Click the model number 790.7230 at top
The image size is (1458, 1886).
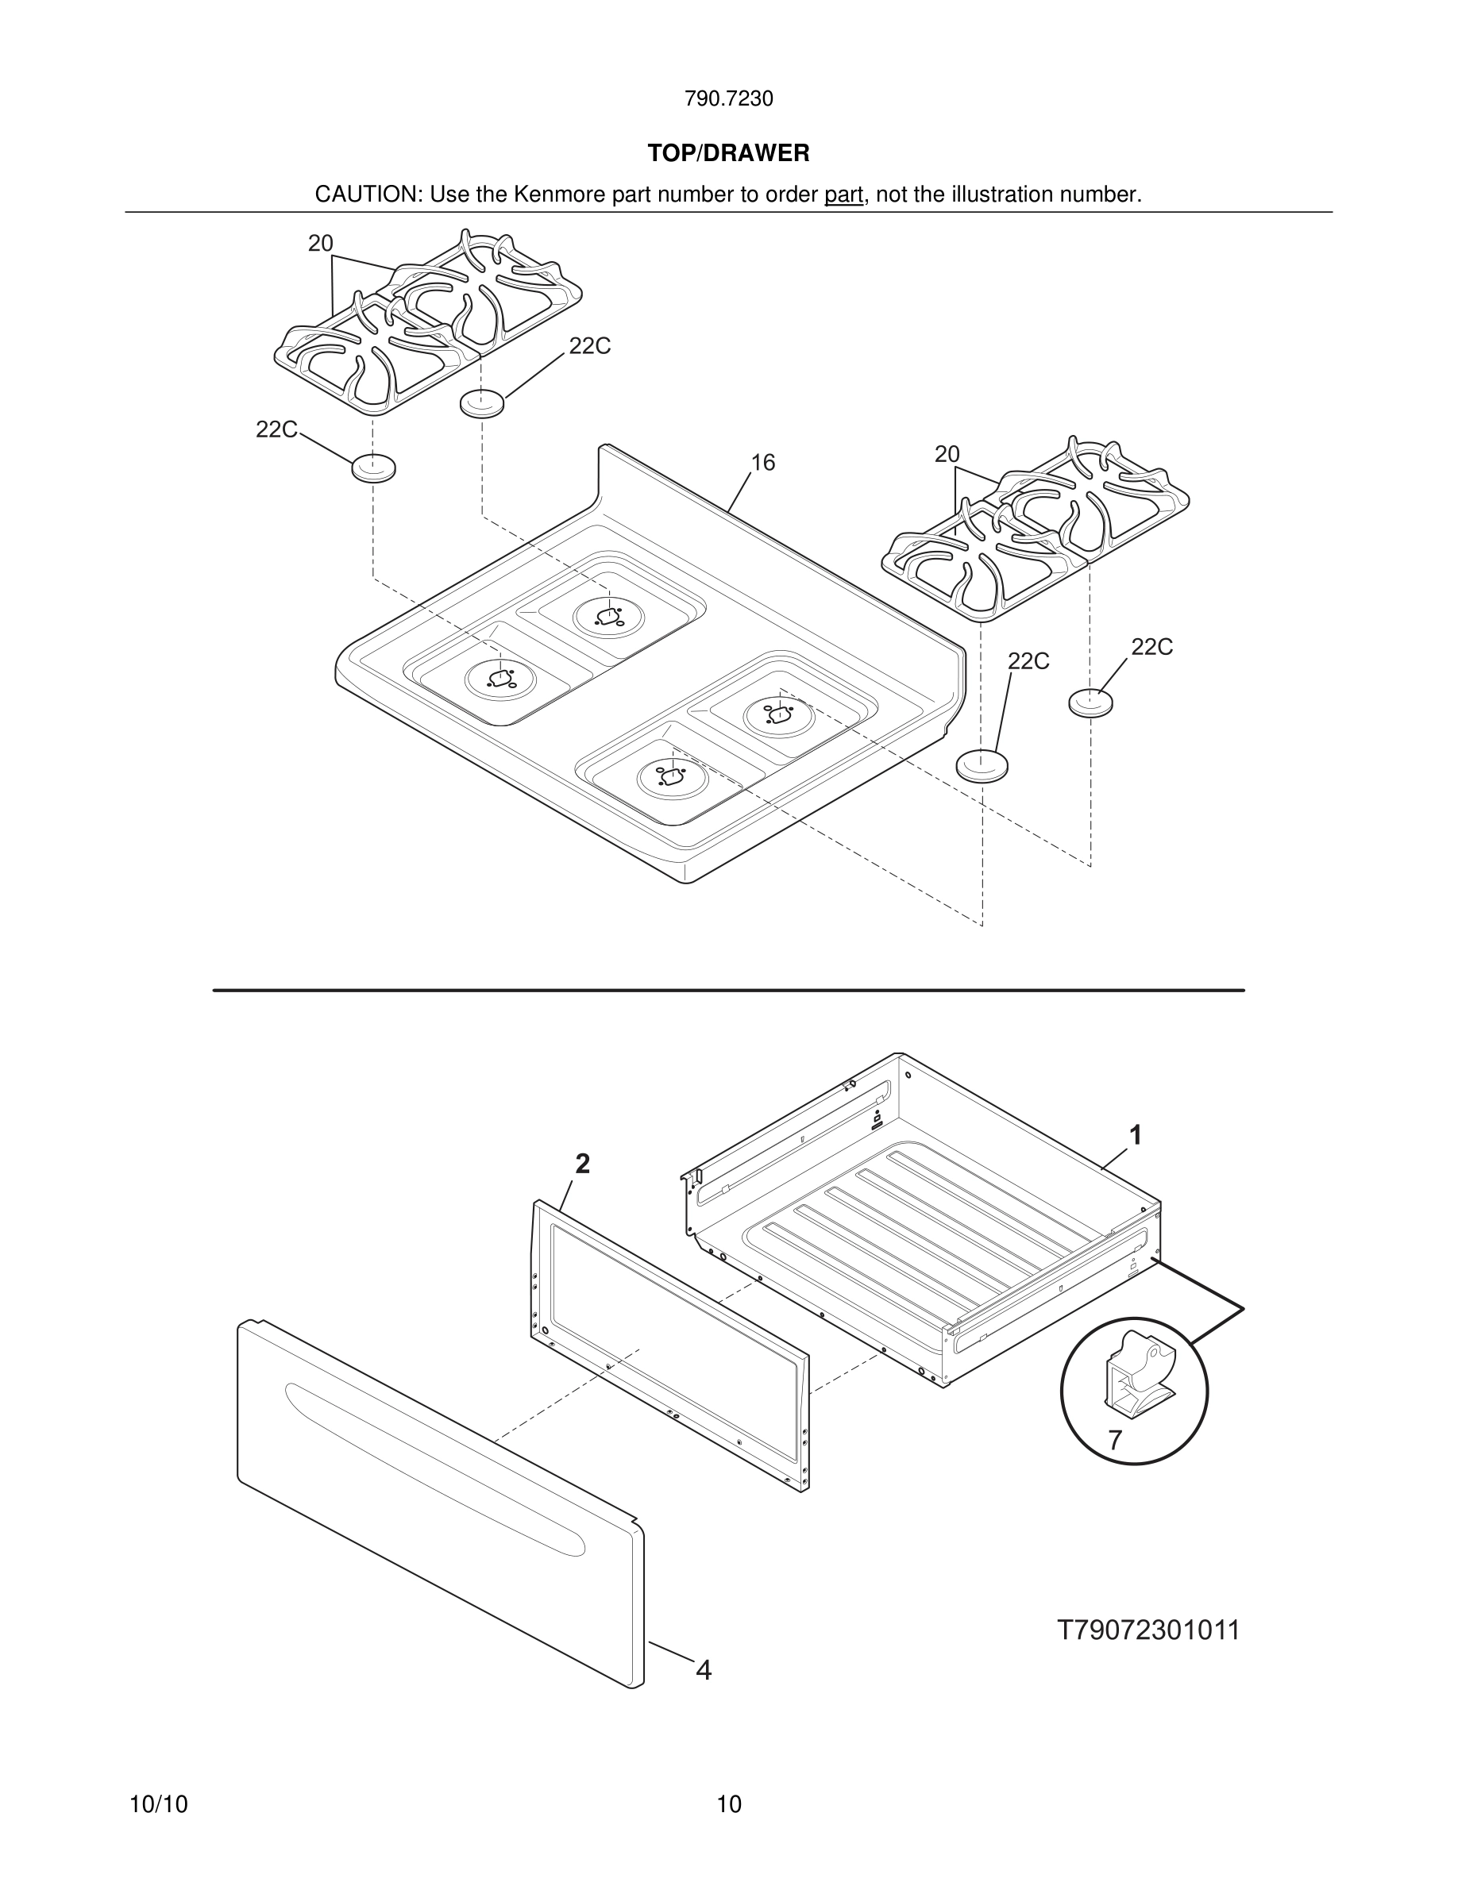[728, 99]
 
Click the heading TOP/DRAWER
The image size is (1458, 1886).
[728, 154]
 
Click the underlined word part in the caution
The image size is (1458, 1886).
[843, 194]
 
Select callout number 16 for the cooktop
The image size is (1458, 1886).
[762, 463]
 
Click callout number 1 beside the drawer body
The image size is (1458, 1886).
[1136, 1135]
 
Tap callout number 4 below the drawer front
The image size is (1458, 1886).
[704, 1670]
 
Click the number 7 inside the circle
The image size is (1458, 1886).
[1115, 1440]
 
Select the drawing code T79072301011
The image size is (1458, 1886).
[1148, 1630]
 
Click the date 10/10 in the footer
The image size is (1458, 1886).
[158, 1804]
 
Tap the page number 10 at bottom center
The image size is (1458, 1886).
[729, 1804]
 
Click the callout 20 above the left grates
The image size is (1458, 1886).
[321, 244]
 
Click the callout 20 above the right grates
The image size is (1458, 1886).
[947, 453]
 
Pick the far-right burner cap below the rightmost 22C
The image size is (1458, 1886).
[1091, 702]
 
